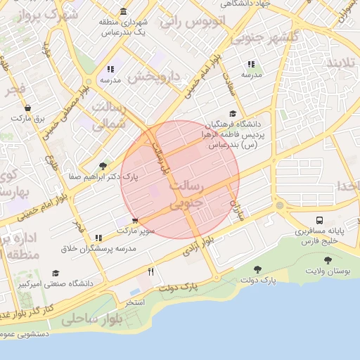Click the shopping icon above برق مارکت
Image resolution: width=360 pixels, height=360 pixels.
pos(27,108)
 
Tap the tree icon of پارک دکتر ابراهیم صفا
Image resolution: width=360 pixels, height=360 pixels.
pos(104,166)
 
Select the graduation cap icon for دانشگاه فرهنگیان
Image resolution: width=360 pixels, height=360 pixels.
pos(233,115)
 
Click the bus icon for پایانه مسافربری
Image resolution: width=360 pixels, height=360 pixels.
pos(320,221)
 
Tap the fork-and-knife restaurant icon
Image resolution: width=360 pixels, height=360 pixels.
pos(150,271)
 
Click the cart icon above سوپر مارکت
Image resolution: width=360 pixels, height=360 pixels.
pos(135,219)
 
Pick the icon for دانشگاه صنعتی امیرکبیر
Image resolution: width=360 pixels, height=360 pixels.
pos(56,273)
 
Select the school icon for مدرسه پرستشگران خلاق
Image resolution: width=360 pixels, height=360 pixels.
pos(98,238)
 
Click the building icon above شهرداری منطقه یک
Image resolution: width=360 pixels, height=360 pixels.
pos(124,11)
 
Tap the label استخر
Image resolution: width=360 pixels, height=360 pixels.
pos(134,302)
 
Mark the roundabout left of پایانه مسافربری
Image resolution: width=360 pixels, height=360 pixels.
pos(280,206)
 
